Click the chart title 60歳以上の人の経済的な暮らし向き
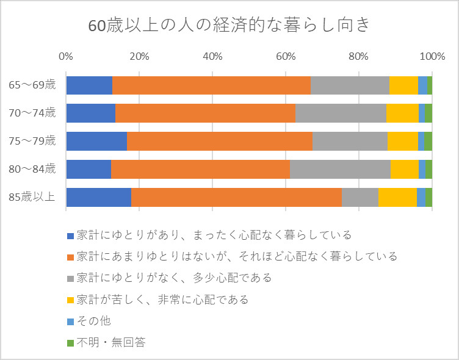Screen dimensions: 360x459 coord(229,26)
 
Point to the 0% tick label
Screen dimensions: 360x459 coord(66,57)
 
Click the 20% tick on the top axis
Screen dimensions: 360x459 coord(139,57)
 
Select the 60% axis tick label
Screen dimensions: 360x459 coord(286,57)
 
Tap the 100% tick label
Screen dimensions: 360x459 coord(432,57)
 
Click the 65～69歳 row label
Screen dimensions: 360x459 coord(32,85)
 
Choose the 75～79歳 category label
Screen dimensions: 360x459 coord(32,141)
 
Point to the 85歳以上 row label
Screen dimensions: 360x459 coord(32,196)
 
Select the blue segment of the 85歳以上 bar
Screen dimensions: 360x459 coord(98,196)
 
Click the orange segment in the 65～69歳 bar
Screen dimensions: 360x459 coord(211,85)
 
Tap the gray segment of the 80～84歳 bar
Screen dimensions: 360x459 coord(340,169)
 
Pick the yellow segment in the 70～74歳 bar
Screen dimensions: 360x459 coord(402,113)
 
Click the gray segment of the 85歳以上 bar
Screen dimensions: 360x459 coord(360,196)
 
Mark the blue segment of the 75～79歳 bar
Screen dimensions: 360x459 coord(96,141)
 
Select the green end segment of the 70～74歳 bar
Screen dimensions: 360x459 coord(428,113)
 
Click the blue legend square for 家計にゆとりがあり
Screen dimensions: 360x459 coord(70,235)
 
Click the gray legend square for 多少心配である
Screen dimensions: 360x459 coord(70,278)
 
